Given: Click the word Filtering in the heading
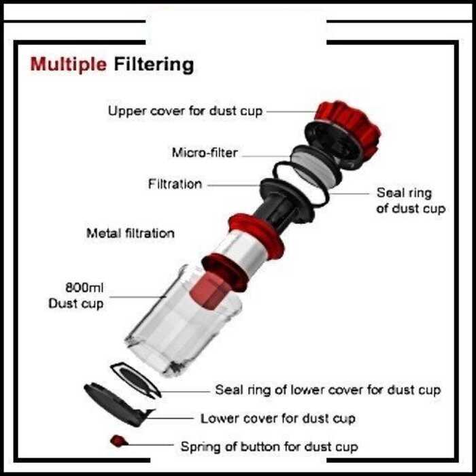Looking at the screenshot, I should pyautogui.click(x=154, y=65).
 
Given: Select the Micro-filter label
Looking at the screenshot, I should pyautogui.click(x=205, y=153).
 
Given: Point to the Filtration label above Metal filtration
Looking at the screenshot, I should pyautogui.click(x=175, y=184).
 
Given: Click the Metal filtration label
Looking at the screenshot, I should pyautogui.click(x=130, y=233).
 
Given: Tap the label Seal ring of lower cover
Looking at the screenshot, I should pyautogui.click(x=328, y=390).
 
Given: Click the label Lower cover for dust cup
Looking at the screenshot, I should pyautogui.click(x=277, y=418).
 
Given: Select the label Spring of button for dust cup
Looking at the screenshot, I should pyautogui.click(x=269, y=447).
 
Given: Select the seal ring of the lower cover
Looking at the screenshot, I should pyautogui.click(x=135, y=378).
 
